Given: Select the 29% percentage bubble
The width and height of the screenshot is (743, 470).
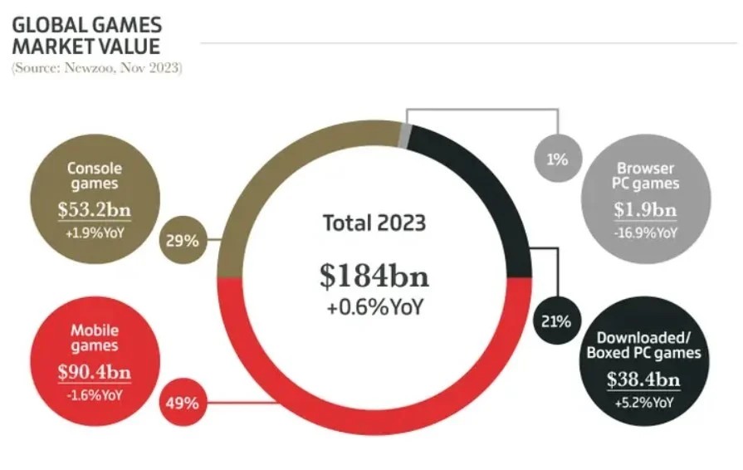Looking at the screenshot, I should click(181, 241).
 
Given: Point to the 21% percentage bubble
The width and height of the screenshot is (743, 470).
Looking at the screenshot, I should click(555, 321).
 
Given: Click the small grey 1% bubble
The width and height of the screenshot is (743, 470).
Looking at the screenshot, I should click(558, 158).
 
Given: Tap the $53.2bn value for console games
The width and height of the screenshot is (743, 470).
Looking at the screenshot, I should click(94, 209).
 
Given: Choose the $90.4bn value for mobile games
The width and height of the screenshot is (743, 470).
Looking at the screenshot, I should click(94, 371).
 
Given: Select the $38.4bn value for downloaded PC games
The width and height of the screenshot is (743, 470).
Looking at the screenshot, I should click(643, 379).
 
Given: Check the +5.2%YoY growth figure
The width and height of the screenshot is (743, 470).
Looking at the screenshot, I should click(643, 404).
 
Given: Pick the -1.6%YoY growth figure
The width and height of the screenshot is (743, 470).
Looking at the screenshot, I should click(94, 394).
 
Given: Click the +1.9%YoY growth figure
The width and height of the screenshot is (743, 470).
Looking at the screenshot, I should click(94, 233).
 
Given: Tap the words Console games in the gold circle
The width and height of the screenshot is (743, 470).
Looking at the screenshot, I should click(94, 177).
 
